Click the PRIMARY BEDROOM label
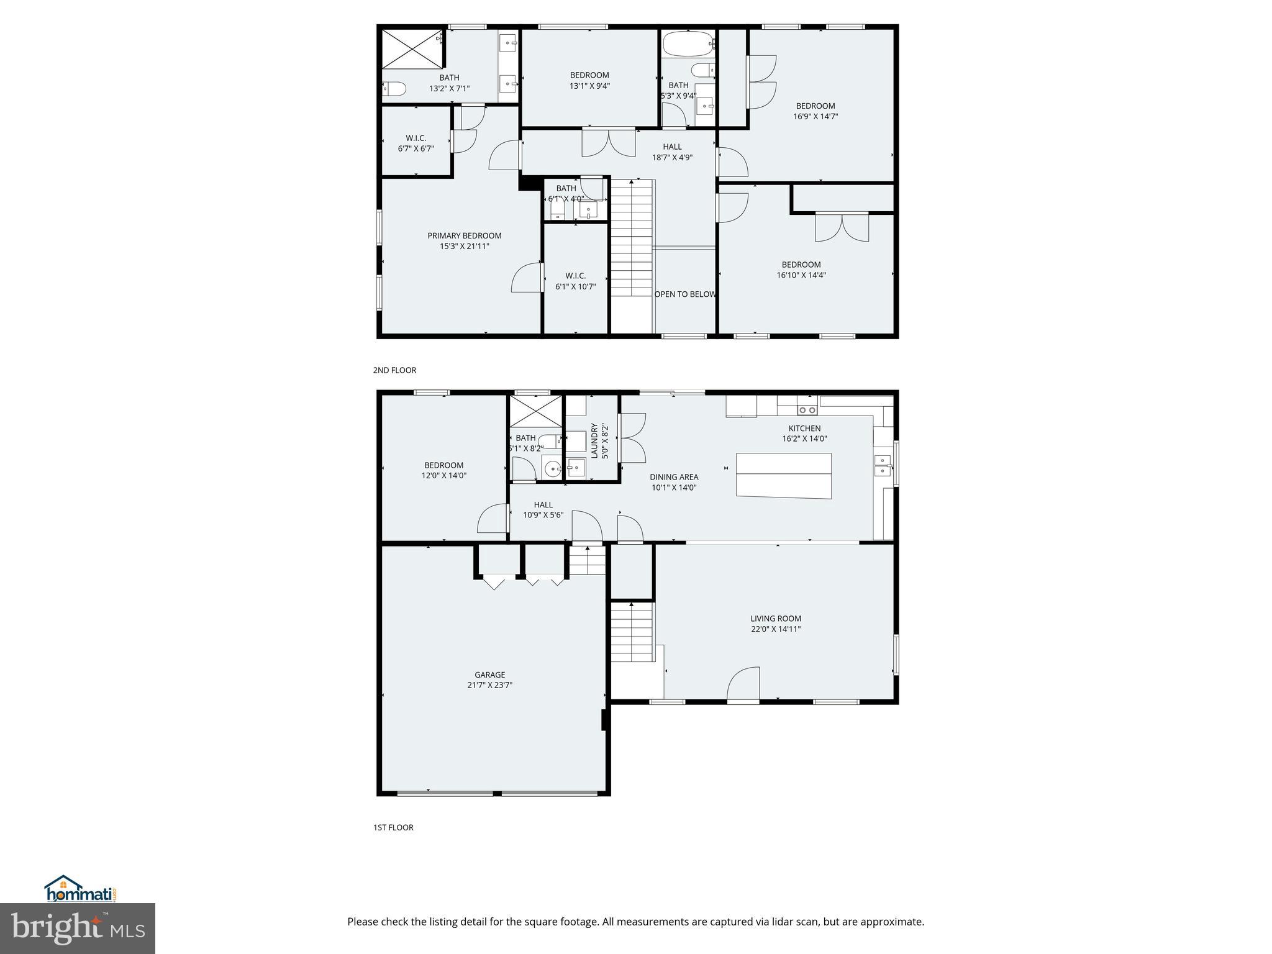pos(464,235)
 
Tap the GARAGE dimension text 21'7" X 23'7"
pos(489,685)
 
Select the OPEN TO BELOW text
pos(685,294)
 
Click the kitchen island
pos(783,475)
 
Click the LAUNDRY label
pos(594,440)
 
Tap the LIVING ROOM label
pos(776,618)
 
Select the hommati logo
pos(81,889)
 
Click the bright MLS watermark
pos(78,928)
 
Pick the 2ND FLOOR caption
pos(394,370)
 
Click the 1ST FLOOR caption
pos(393,827)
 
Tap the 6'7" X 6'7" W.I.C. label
pos(416,148)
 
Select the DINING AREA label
pos(674,477)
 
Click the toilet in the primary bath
pos(394,89)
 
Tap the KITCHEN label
pos(804,428)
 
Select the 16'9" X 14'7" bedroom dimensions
pos(815,116)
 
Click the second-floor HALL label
pos(672,147)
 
